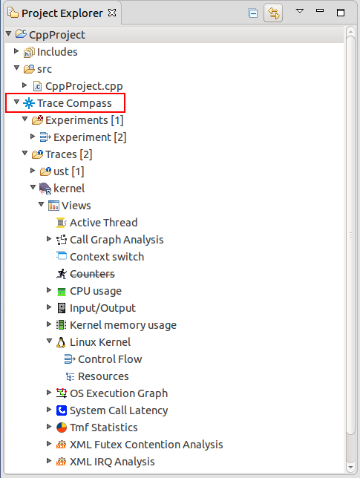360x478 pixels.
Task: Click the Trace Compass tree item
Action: tap(74, 103)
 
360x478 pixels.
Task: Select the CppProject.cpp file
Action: tap(84, 86)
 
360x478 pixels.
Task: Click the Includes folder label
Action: tap(57, 52)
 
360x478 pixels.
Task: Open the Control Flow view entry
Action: tap(110, 359)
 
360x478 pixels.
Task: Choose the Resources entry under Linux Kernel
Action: tap(103, 376)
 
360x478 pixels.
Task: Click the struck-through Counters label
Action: tap(92, 274)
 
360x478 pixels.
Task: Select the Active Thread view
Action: tap(104, 223)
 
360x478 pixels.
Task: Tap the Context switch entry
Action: tap(107, 257)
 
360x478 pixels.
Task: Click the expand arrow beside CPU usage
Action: tap(49, 290)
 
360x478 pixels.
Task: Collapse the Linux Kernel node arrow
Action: tap(49, 341)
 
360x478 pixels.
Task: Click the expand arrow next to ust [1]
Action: tap(33, 171)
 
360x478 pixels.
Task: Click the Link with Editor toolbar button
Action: tap(273, 13)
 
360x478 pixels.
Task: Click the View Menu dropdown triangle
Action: tap(300, 11)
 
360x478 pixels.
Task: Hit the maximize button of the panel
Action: tap(341, 13)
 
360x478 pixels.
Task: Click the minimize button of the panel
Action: tap(320, 10)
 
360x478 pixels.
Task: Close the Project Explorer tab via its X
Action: tap(112, 13)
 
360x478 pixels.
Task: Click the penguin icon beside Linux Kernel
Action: tap(61, 342)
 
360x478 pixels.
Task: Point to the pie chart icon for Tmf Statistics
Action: tap(62, 428)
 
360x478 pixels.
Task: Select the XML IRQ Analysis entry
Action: tap(112, 462)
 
